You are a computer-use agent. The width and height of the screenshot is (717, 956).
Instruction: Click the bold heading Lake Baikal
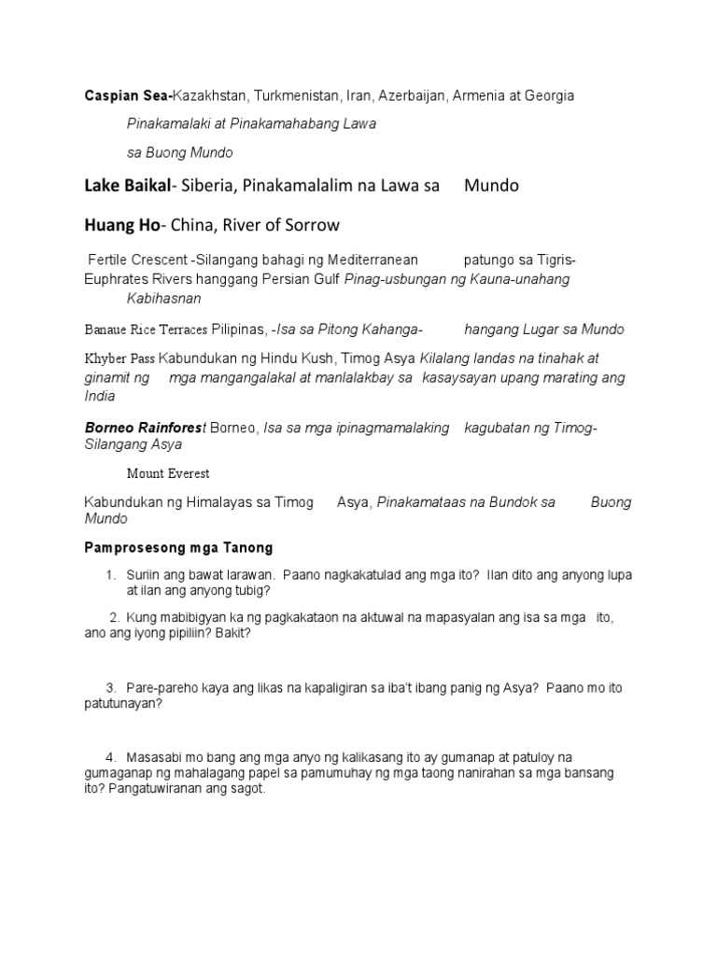[128, 186]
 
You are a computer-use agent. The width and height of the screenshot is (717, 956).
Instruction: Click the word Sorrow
[314, 225]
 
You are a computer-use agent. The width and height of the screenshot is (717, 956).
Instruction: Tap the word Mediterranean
[360, 259]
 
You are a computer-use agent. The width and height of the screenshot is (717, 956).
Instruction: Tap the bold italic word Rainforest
[173, 428]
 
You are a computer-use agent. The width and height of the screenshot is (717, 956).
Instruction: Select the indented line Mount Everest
[168, 473]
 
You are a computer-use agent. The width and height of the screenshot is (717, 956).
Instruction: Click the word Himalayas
[218, 502]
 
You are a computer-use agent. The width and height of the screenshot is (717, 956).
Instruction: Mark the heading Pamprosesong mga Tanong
[178, 547]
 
